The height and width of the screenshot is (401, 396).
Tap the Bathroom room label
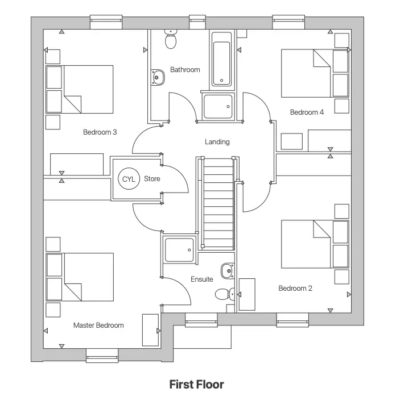[185, 70]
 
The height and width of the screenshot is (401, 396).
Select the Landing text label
[217, 141]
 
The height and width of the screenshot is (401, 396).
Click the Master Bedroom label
[98, 325]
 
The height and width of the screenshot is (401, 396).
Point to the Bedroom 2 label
[295, 289]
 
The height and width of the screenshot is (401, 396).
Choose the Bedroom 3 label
[100, 132]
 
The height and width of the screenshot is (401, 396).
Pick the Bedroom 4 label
[307, 112]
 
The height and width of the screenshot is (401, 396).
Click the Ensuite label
[202, 279]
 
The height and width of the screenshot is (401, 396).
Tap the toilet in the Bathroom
[170, 39]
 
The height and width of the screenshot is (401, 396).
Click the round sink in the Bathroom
[156, 77]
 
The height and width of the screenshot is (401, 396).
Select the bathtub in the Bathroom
[222, 59]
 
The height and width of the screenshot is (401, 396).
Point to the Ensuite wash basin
[228, 270]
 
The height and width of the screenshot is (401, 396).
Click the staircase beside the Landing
[218, 203]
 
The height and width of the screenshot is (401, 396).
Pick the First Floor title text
[197, 385]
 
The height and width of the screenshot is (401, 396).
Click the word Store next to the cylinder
[152, 179]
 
